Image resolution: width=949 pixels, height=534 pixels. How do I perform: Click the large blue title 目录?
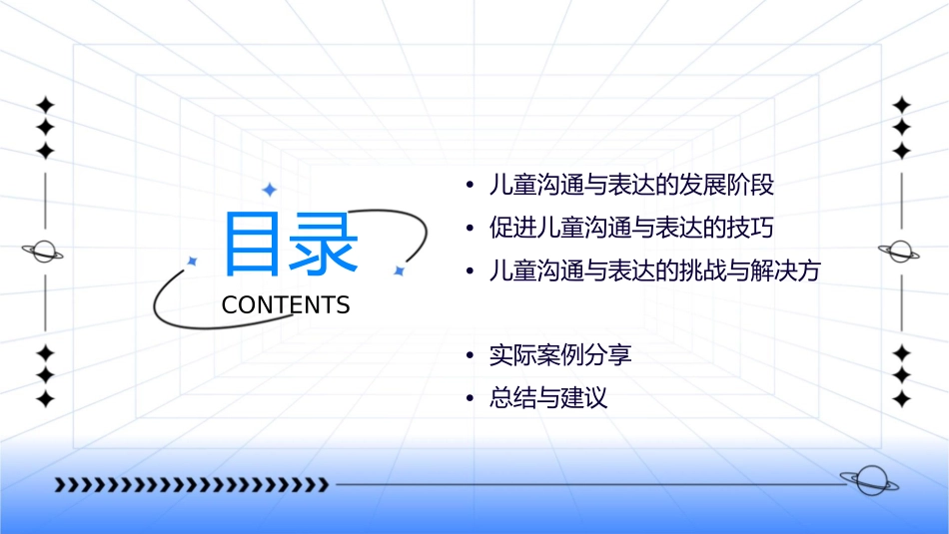tap(291, 245)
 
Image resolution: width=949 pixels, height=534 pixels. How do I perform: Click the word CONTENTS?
tap(286, 305)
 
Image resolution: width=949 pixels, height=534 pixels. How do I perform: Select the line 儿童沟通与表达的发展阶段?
tap(631, 185)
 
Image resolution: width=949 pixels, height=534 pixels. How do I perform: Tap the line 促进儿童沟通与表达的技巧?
tap(630, 228)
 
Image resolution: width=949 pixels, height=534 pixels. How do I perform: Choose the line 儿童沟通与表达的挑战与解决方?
tap(653, 270)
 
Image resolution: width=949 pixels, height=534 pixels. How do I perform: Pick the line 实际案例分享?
tap(559, 354)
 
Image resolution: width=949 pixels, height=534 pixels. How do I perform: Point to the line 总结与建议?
tap(547, 398)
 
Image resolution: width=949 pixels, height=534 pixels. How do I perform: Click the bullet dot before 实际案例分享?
tap(470, 355)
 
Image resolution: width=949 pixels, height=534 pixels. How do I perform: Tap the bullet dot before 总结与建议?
tap(470, 399)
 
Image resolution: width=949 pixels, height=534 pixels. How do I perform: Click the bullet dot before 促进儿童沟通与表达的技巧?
tap(470, 229)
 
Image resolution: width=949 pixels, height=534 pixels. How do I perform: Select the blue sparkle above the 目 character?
tap(269, 190)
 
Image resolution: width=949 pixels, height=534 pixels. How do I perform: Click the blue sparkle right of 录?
tap(399, 270)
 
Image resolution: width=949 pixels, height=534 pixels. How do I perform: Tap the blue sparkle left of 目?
tap(193, 262)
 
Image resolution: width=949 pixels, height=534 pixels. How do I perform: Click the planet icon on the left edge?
tap(43, 252)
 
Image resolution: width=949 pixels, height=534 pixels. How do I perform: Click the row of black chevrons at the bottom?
tap(191, 485)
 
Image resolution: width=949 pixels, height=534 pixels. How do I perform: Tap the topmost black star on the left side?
tap(44, 104)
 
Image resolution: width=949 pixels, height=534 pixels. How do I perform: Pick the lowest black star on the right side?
tap(902, 398)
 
